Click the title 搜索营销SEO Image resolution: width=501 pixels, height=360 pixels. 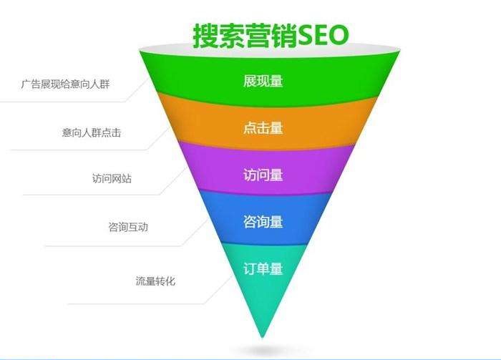[271, 36]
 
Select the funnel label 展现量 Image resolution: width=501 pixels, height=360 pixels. [263, 81]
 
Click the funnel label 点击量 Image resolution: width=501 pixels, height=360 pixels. [263, 128]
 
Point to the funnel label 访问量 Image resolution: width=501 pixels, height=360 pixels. [263, 175]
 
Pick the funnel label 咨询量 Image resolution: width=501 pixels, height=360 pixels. [263, 222]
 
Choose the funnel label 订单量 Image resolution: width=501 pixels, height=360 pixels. [263, 268]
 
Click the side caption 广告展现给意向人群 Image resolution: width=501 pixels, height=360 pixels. [66, 84]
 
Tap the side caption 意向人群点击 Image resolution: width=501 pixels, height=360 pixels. [92, 132]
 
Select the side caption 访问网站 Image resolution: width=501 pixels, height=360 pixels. [112, 178]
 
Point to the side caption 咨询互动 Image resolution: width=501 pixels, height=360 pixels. [128, 227]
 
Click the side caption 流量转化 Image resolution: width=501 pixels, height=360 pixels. [155, 281]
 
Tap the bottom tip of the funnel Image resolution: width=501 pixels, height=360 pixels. [263, 337]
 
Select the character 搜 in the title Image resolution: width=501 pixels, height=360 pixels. [205, 36]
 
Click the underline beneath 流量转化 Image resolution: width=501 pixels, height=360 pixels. [136, 303]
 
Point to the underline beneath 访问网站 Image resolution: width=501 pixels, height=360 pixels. [92, 194]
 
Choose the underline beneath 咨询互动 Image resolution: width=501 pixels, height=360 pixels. [113, 246]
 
